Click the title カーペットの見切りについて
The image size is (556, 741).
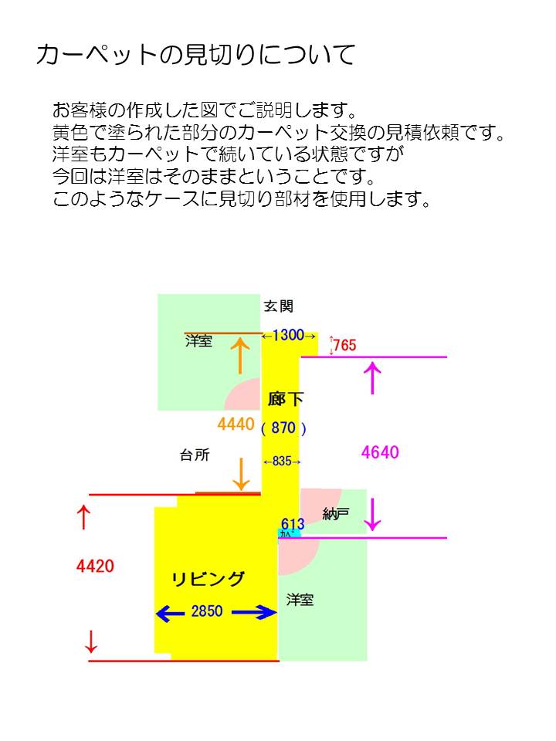click(x=195, y=55)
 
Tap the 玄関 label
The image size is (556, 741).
click(x=279, y=306)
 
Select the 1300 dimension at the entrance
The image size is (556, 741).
click(x=288, y=336)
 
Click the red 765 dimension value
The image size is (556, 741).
click(x=345, y=346)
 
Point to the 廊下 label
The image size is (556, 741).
click(x=286, y=400)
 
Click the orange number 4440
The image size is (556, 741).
click(x=236, y=424)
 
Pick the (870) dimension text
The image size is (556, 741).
click(x=284, y=428)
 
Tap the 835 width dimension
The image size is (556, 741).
click(x=282, y=462)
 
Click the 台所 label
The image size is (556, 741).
click(x=195, y=455)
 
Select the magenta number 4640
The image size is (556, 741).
click(x=380, y=452)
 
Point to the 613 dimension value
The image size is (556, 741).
click(x=293, y=524)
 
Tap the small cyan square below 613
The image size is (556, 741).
click(x=285, y=534)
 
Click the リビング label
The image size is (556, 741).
click(x=208, y=580)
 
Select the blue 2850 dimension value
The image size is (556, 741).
click(x=207, y=612)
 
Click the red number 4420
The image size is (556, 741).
click(x=95, y=567)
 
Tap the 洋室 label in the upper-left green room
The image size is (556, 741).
click(x=198, y=341)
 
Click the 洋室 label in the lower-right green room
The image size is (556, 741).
click(x=300, y=600)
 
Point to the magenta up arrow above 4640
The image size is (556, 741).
click(x=373, y=378)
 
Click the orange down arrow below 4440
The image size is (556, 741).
click(x=242, y=474)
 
